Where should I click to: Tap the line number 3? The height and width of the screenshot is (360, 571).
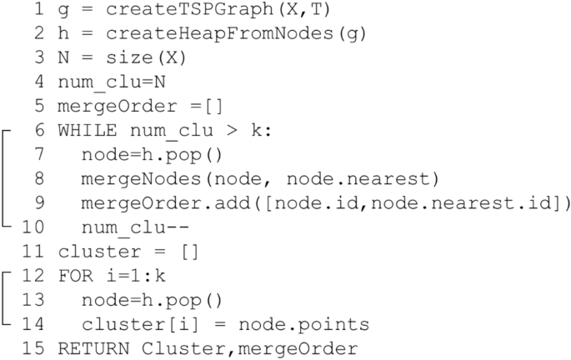(39, 59)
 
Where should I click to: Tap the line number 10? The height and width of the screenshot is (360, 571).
(33, 227)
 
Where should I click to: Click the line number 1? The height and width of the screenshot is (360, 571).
(39, 12)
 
